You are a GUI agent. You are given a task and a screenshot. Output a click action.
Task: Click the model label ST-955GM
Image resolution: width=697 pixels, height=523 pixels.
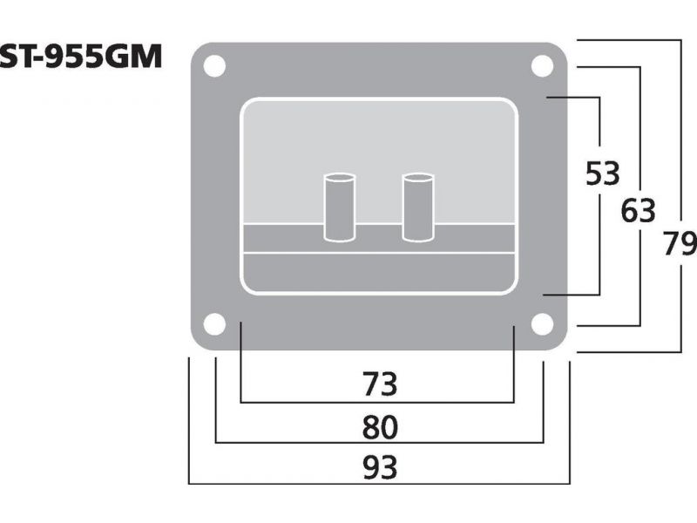point(80,55)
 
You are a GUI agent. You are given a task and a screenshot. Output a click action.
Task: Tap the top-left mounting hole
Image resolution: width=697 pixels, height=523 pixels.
point(214,66)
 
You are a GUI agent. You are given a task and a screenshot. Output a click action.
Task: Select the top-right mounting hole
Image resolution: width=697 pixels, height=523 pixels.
point(543,66)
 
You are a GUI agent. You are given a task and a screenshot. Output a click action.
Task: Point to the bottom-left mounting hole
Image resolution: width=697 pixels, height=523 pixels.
point(214,324)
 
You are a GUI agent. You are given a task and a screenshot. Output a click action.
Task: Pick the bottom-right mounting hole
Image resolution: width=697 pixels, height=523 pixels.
point(543,324)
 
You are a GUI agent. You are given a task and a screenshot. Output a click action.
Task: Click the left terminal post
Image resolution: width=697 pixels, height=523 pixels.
point(339,207)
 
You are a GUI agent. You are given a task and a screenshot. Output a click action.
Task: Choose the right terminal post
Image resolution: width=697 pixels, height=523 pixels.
point(418,207)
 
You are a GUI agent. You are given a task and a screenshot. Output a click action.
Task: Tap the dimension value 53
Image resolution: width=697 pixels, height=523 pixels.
point(602,174)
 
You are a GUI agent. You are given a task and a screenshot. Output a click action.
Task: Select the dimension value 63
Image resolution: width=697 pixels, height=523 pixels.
point(638,211)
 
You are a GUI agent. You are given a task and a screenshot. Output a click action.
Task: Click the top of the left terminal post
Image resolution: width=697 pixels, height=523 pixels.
point(339,178)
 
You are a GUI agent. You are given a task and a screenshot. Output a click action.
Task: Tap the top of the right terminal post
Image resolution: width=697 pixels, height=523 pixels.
point(418,178)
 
